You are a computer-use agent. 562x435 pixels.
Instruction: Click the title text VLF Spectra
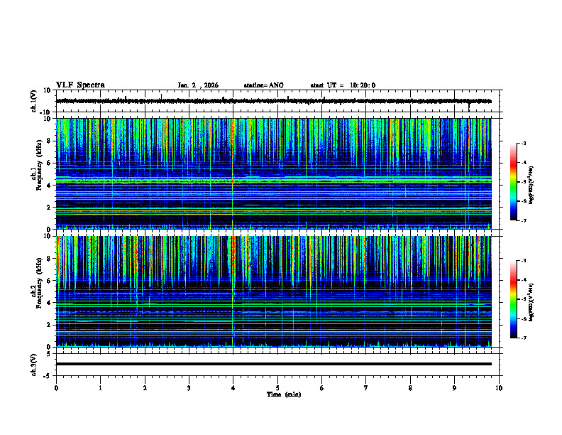80,85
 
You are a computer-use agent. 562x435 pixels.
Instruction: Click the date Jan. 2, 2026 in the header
198,85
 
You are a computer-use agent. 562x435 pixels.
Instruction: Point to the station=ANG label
263,85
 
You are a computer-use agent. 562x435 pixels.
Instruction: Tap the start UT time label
343,85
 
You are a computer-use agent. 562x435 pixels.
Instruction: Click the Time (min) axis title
277,394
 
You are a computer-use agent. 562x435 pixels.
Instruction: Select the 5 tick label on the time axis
277,387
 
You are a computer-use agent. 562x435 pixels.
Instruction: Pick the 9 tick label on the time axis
455,387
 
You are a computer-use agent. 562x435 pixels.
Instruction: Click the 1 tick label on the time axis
100,387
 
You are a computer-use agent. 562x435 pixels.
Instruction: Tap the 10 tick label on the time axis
499,387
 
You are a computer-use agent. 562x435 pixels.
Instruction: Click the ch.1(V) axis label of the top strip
33,101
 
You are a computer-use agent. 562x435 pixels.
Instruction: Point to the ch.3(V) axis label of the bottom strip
33,363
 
